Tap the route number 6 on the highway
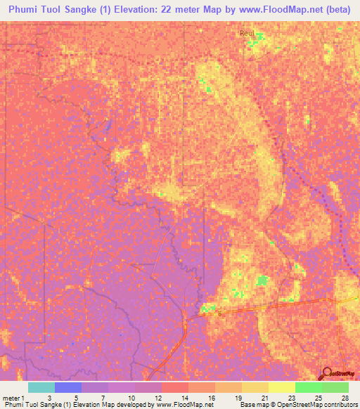pos(219,314)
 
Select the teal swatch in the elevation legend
pos(41,387)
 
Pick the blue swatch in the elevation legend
pos(68,387)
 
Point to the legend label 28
pos(344,397)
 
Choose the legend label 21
pos(264,397)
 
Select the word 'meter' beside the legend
pos(12,397)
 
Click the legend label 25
pos(317,397)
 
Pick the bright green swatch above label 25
pos(309,387)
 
